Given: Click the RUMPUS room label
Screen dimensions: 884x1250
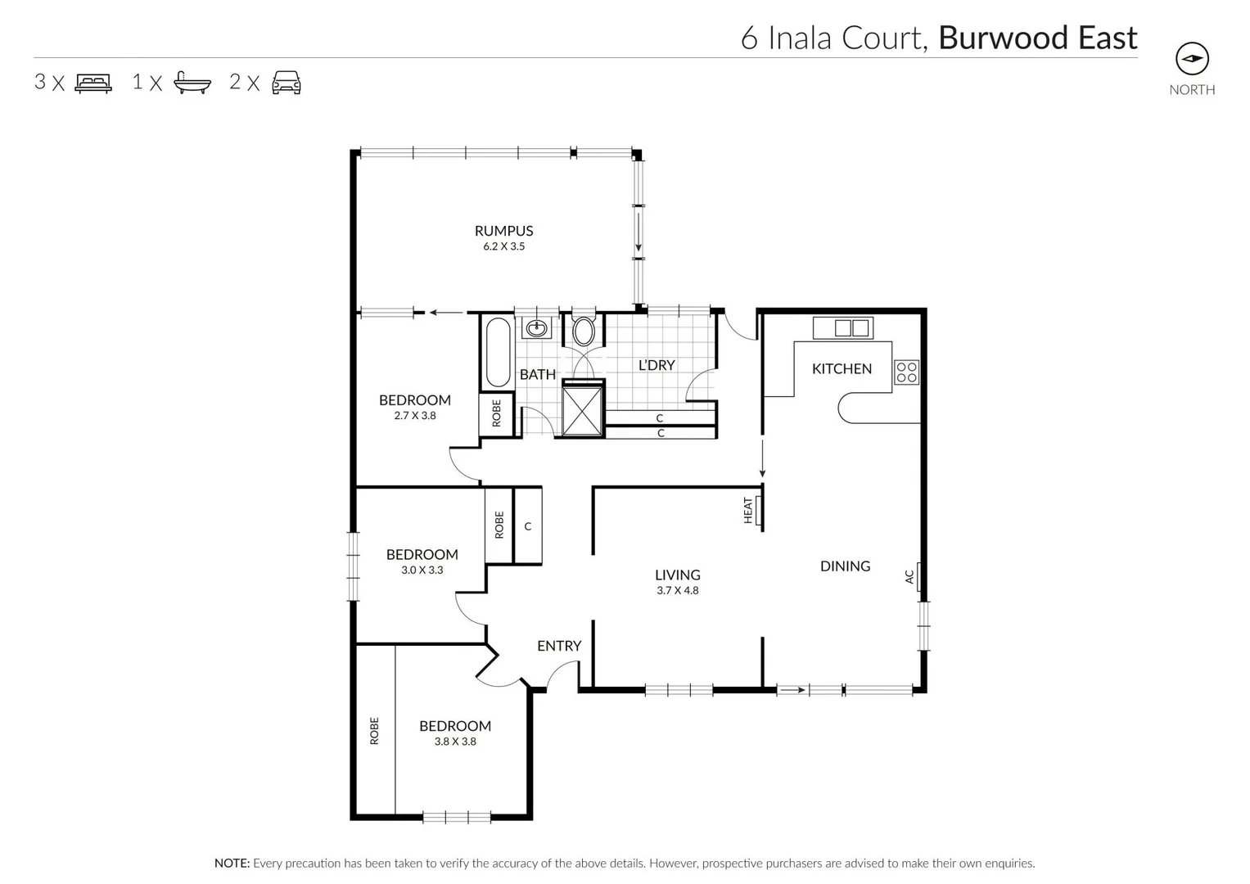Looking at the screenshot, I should click(503, 231).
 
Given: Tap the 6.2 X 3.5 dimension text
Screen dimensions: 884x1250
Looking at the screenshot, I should click(503, 246).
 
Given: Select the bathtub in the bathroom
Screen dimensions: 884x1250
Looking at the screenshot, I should click(498, 353).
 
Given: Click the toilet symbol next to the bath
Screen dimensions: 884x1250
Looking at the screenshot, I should click(584, 331).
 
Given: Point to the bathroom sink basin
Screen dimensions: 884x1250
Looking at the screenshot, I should click(536, 328).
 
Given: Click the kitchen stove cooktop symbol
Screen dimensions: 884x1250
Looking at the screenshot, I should click(906, 372).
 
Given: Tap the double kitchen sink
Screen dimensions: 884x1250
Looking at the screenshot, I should click(851, 328).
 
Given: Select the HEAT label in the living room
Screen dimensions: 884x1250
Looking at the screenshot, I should click(747, 510).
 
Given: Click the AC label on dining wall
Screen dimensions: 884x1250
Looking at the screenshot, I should click(909, 576).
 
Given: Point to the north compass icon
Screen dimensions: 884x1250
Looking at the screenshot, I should click(1192, 59).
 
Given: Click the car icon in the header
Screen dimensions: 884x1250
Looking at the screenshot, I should click(287, 83).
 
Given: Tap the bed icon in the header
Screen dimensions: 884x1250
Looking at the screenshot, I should click(93, 83).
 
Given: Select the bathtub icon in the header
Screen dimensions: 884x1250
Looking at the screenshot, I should click(192, 83).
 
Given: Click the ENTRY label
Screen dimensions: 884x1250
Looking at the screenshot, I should click(559, 646).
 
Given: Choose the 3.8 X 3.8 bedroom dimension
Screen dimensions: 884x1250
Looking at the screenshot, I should click(455, 742).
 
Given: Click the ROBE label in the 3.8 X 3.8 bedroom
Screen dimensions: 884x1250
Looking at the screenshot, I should click(375, 730).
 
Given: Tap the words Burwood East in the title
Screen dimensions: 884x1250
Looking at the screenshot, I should click(1037, 38).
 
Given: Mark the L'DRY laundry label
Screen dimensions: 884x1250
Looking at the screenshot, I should click(657, 365).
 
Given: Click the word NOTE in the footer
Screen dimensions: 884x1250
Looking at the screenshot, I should click(232, 863).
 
